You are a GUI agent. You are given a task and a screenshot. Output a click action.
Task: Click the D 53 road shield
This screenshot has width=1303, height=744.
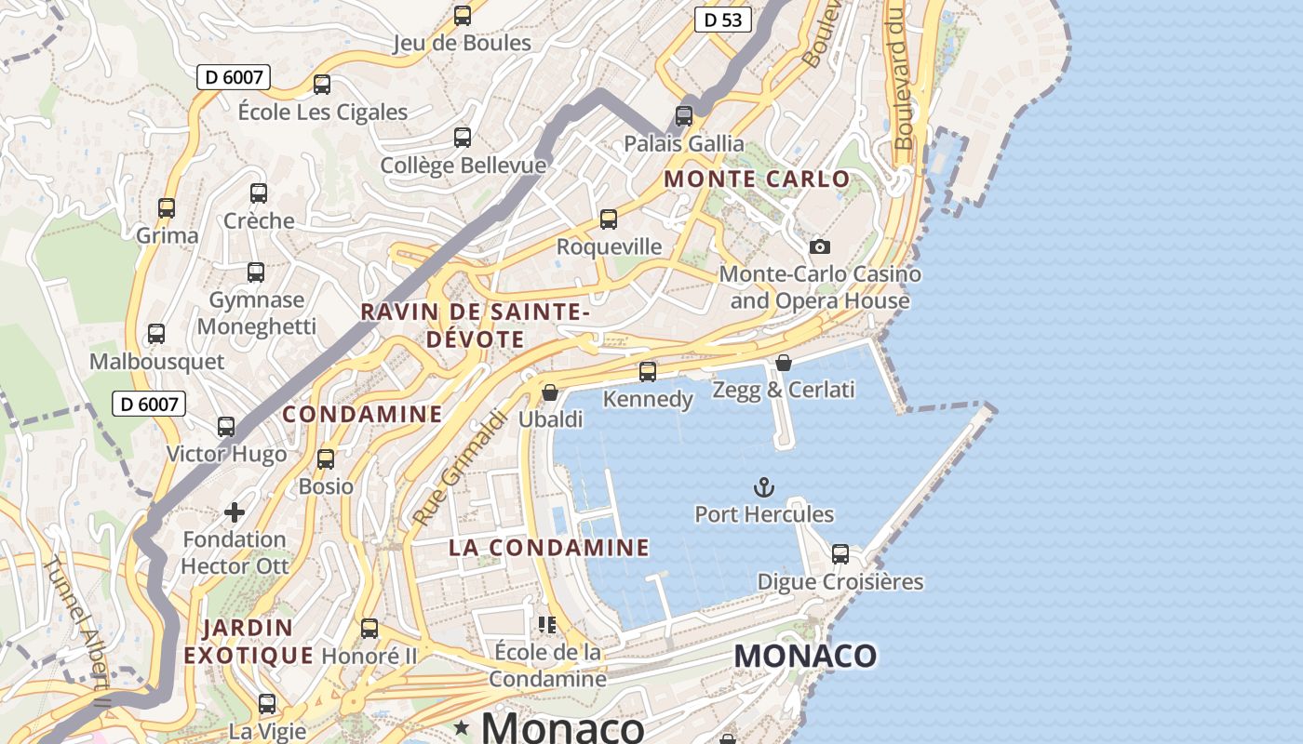coord(722,20)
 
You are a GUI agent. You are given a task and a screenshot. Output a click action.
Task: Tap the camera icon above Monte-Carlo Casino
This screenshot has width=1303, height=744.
coord(819,246)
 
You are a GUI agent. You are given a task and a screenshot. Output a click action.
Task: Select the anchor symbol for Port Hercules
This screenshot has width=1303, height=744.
coord(763,487)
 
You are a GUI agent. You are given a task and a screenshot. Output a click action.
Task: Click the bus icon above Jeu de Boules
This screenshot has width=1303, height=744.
coord(462,16)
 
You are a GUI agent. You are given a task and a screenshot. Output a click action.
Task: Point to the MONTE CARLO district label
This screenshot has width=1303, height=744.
coord(757,179)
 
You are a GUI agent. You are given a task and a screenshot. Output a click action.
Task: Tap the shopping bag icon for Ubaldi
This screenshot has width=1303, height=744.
coord(550,392)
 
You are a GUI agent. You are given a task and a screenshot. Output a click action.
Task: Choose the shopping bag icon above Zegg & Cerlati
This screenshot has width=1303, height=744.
coord(784,363)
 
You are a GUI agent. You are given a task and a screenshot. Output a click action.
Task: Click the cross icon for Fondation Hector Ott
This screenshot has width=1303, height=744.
coord(235,512)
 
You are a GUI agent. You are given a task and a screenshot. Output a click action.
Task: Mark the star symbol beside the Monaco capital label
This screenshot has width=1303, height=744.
coord(461,726)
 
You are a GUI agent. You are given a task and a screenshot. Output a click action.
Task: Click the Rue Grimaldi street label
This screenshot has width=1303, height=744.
coord(458,468)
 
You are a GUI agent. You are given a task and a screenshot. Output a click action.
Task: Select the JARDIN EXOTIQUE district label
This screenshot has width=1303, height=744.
coord(249,642)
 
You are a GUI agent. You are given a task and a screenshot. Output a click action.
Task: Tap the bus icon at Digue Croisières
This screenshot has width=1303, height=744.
coord(840,554)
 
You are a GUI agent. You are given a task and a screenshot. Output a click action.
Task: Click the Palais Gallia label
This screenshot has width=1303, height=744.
coord(684,143)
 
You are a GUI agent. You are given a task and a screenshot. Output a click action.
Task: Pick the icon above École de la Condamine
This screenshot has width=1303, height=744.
coord(547,624)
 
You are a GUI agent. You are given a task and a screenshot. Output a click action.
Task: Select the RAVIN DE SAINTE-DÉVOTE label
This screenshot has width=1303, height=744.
coord(475,325)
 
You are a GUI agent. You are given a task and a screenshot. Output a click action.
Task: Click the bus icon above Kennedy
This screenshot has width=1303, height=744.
coord(648,372)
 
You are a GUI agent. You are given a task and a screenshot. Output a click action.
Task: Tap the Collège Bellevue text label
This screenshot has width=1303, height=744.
coord(463,166)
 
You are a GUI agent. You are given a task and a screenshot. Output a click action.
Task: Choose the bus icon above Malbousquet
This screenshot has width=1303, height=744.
coord(156,334)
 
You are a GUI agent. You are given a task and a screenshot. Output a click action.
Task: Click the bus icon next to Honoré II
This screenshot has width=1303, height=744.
coord(369,629)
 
